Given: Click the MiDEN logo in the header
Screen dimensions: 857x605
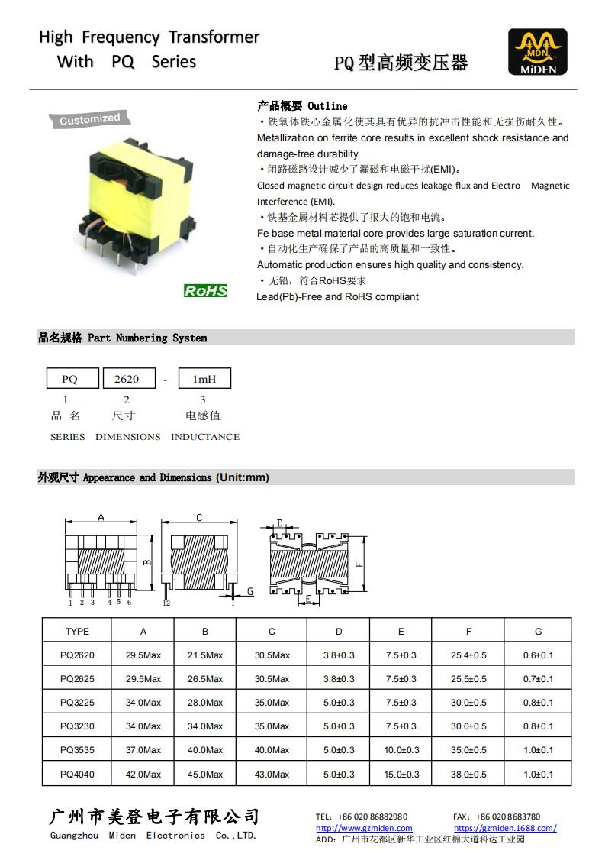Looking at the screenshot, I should (538, 52).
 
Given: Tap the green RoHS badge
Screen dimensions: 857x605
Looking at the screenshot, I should (205, 290).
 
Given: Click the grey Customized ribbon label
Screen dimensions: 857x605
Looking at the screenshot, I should (90, 119).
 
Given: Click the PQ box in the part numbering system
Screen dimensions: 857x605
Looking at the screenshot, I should (69, 379).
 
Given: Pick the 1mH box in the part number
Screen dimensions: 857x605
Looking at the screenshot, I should (204, 379).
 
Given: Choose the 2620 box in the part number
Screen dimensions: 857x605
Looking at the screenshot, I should (126, 379).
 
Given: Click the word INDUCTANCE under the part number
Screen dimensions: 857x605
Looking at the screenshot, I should (205, 437).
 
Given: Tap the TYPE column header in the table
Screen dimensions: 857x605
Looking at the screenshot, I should (77, 632).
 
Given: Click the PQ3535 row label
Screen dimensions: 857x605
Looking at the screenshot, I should (77, 750).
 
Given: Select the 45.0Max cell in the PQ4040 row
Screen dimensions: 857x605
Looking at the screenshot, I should (205, 775).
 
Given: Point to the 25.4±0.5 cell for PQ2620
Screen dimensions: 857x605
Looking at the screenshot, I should (468, 655).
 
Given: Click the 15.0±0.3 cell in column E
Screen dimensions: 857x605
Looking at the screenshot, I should (401, 775).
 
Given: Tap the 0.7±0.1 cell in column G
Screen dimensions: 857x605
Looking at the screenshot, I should (539, 679).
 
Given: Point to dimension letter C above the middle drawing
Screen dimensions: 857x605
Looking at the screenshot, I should (199, 518).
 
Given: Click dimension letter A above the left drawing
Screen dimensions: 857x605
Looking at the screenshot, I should (101, 517).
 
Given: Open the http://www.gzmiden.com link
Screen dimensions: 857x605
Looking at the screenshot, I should (364, 828).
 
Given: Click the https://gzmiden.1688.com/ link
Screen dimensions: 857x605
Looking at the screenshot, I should (505, 828).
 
